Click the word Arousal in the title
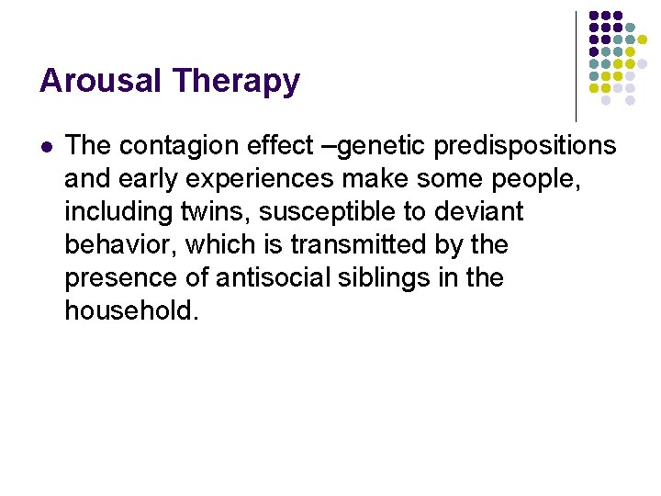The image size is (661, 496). pos(94,81)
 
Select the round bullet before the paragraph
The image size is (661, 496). pos(48,145)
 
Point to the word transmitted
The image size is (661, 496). pos(364,245)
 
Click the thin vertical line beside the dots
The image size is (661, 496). pos(576,64)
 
